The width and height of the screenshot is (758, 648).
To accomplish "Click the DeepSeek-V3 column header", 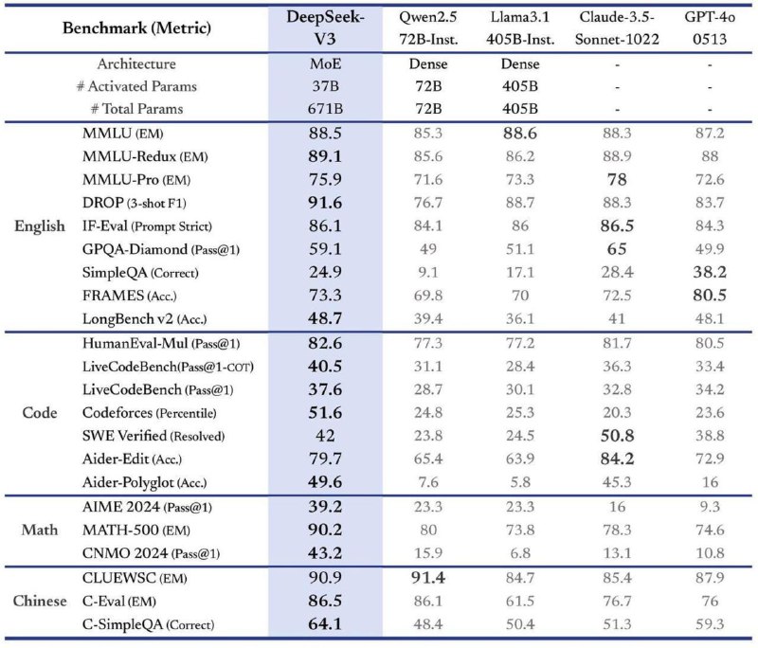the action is coord(325,28).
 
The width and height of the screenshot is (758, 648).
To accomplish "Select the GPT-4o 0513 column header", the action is coord(710,28).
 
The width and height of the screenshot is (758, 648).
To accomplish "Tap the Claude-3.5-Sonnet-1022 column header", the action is coord(617,28).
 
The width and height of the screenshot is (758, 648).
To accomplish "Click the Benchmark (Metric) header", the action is coord(136,28).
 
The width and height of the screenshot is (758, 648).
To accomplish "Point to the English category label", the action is coord(40,225).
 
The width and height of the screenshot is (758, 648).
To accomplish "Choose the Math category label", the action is coord(40,530).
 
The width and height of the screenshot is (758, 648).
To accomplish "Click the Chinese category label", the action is coord(40,601).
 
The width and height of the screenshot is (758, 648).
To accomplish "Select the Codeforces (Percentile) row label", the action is coord(150,413).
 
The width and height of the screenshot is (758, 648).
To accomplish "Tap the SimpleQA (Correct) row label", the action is coord(140,273).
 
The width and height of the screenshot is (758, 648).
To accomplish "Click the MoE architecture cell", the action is coord(325,63).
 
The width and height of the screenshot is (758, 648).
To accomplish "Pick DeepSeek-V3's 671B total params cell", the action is coord(325,109).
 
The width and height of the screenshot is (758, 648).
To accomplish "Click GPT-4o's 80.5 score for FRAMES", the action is coord(710,296).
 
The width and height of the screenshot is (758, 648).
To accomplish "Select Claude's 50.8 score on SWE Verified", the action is coord(617,436).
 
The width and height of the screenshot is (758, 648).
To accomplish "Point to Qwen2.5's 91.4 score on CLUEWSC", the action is coord(428,578).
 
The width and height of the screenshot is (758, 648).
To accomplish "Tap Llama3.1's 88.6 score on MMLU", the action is coord(519,134).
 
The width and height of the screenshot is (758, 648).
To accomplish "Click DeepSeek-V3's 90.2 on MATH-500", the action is coord(325,530).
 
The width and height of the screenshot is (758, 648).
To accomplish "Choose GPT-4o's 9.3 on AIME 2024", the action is coord(710,507).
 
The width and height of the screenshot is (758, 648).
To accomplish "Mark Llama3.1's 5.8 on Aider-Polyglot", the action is coord(519,482).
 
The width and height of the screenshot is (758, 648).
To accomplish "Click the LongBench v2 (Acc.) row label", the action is coord(145,319).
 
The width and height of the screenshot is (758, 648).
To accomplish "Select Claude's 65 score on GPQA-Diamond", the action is coord(617,249).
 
